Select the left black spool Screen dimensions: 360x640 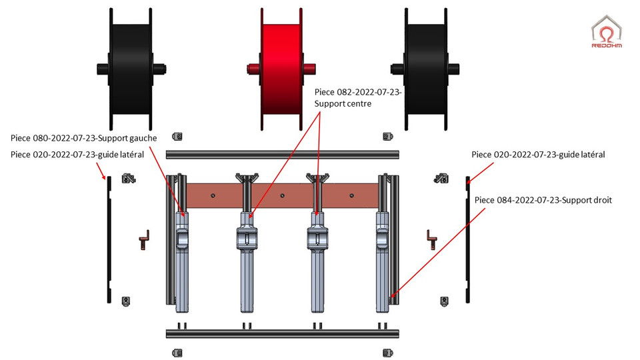point(131,68)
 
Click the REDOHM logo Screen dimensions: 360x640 point(607,32)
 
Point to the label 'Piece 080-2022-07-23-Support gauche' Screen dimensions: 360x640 point(84,138)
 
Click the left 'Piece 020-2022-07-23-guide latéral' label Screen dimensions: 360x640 point(77,155)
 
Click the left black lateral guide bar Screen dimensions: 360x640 point(109,240)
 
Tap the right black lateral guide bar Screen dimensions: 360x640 point(467,240)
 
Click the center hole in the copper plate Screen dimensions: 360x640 point(282,196)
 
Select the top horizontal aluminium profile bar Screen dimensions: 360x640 point(283,155)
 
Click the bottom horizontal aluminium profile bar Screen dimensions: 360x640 point(283,333)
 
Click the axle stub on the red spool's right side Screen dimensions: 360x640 point(311,67)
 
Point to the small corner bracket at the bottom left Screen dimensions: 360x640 point(177,351)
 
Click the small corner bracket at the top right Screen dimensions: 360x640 point(387,137)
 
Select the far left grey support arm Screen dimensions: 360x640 point(182,260)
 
